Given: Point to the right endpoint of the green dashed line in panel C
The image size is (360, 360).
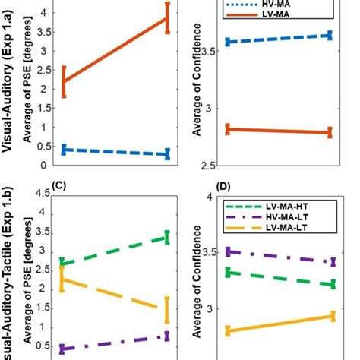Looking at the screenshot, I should (x=167, y=237).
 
